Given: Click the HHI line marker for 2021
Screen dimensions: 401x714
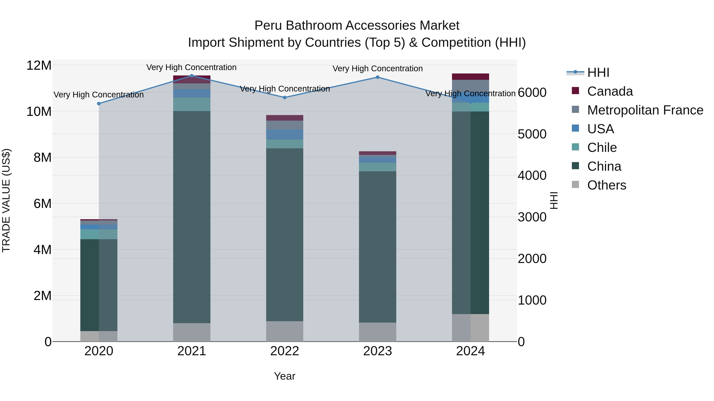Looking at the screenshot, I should coord(192,76).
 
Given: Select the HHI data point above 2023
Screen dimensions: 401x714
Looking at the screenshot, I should coord(377,77).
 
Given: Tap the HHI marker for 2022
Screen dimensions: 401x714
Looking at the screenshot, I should coord(285,97).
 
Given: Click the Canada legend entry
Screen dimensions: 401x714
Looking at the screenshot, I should coord(610,91).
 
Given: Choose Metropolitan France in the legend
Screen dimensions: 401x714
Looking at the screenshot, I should coord(645,110).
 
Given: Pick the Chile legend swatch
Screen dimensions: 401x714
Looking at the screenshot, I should coord(575,147).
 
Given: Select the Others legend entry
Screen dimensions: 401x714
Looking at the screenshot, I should coord(607,185).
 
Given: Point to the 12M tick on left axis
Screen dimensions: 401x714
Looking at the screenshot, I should coord(39,66).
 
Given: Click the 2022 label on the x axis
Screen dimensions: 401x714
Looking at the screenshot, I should coord(285,351).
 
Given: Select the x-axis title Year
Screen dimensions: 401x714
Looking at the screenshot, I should coord(285,376).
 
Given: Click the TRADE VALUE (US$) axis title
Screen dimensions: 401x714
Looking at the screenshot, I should coord(6,200).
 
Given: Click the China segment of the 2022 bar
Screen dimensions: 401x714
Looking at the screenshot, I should coord(285,235).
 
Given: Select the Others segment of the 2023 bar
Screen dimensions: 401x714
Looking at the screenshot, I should coord(377,332).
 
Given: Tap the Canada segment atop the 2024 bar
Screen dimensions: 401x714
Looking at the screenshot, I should coord(470,77).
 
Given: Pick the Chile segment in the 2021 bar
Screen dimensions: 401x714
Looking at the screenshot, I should coord(192,104).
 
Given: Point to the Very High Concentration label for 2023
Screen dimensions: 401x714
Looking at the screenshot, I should coord(377,69).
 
